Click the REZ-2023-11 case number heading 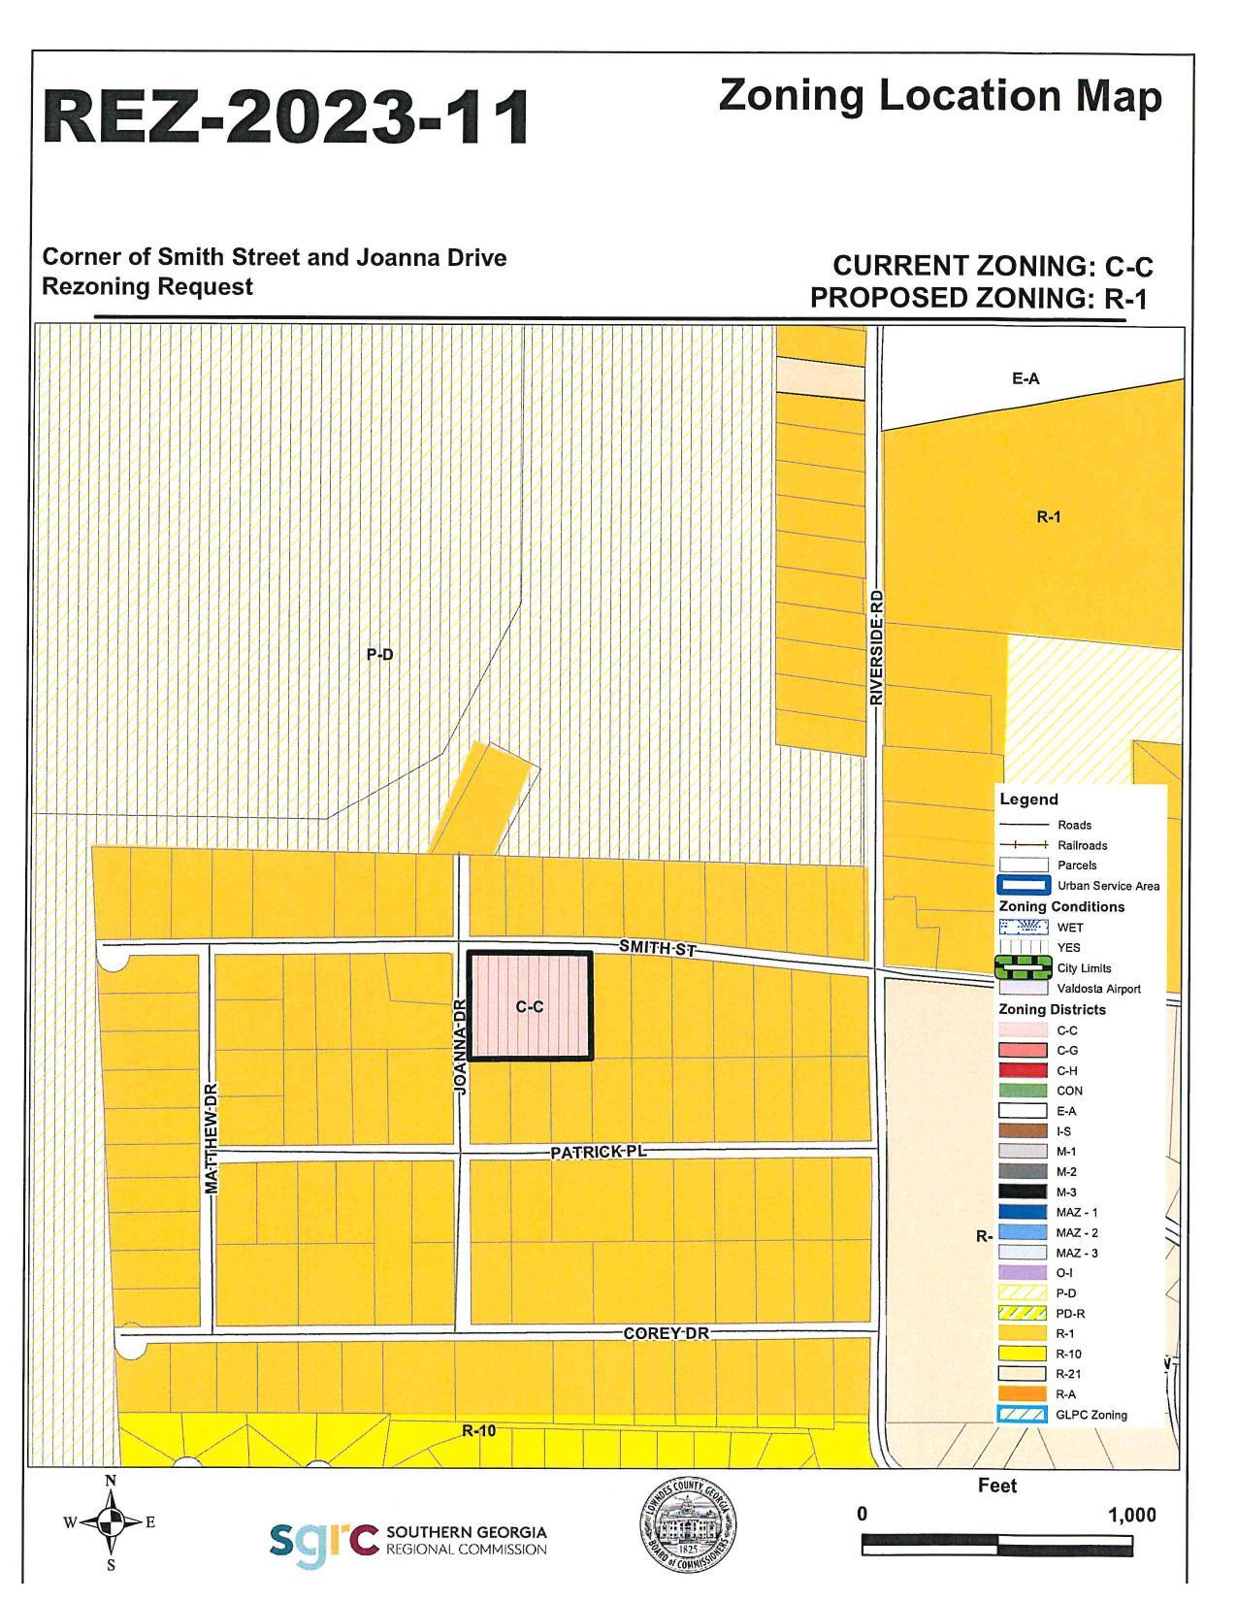pos(286,118)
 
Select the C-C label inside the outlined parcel pos(530,1007)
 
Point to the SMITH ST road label pos(658,948)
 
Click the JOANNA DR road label pos(461,1048)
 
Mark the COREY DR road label pos(666,1333)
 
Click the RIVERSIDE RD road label pos(876,647)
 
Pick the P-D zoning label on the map pos(379,655)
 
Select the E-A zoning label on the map pos(1025,378)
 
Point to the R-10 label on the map pos(478,1430)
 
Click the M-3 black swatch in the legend pos(1023,1192)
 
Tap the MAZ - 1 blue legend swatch pos(1023,1212)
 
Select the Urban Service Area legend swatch pos(1024,885)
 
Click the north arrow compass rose pos(111,1522)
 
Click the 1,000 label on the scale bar pos(1131,1515)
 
